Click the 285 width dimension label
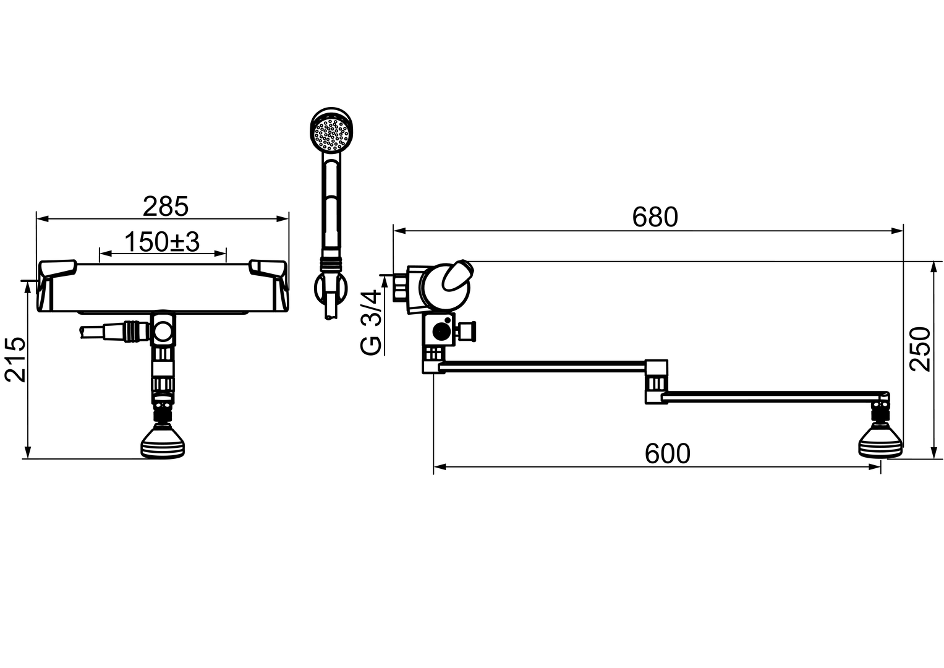click(x=165, y=207)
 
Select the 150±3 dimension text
click(x=162, y=242)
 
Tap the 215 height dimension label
click(x=15, y=360)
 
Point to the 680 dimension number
click(x=655, y=217)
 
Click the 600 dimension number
click(x=667, y=454)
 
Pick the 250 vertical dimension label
click(x=921, y=349)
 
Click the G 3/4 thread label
click(x=372, y=322)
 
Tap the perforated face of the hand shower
click(x=331, y=134)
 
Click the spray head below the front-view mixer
click(x=163, y=443)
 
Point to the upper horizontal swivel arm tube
click(x=544, y=367)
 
